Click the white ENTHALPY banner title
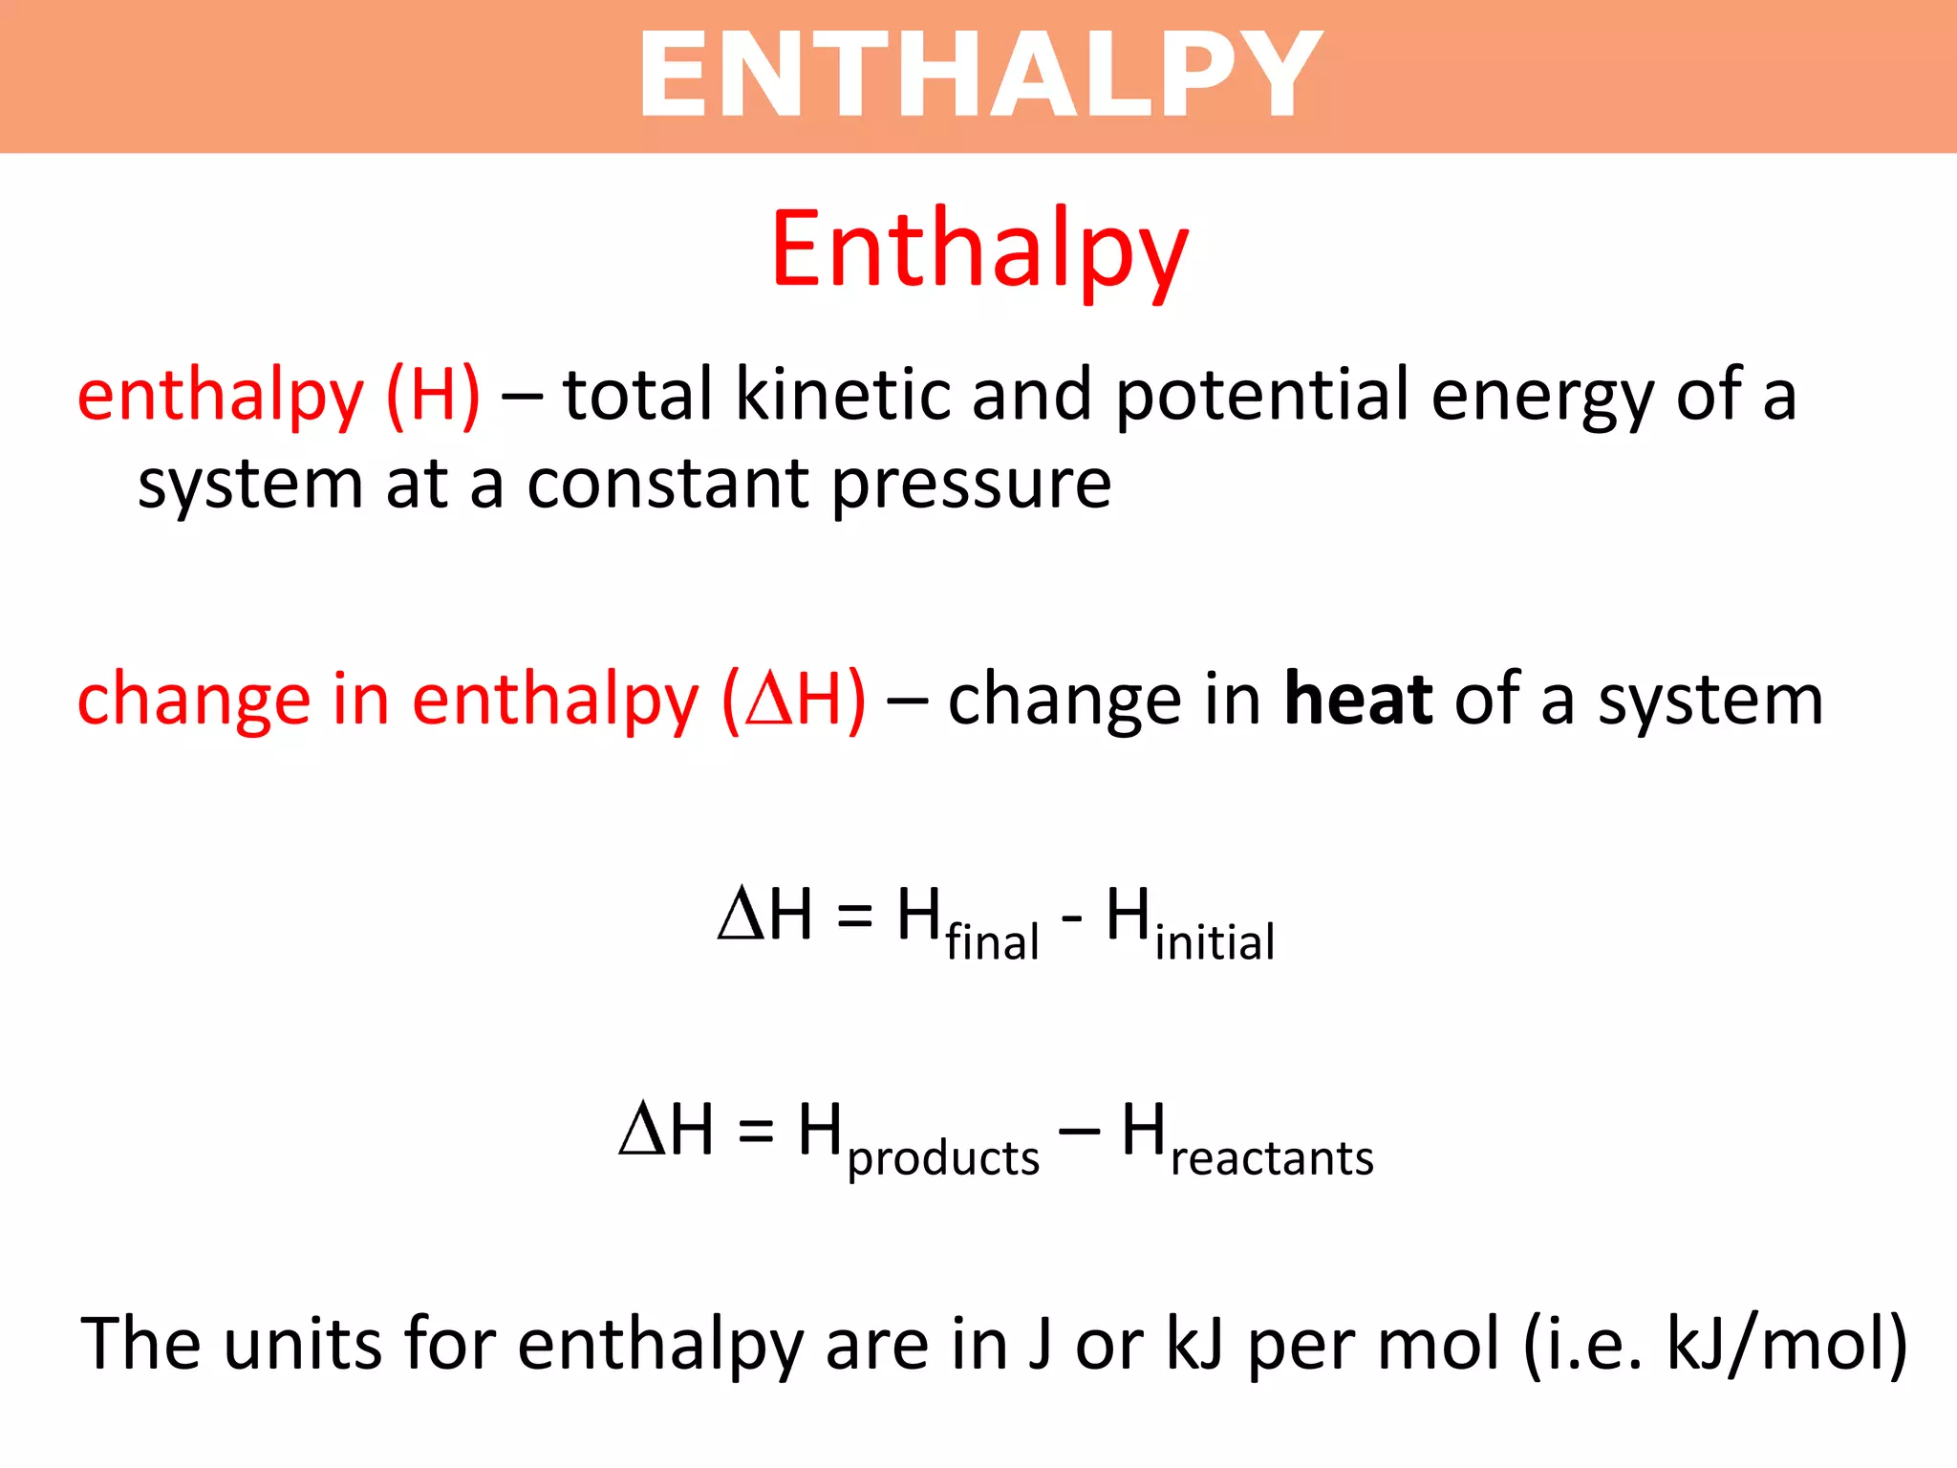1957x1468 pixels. click(x=979, y=75)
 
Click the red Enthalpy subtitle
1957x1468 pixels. click(x=979, y=250)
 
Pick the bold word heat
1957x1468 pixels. click(x=1358, y=699)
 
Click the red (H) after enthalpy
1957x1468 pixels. click(x=433, y=396)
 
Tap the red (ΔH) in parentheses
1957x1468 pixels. click(x=794, y=701)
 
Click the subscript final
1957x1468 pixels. click(x=992, y=941)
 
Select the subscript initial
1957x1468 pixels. click(x=1214, y=941)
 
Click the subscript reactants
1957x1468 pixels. click(x=1272, y=1158)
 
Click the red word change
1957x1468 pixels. click(x=193, y=701)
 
